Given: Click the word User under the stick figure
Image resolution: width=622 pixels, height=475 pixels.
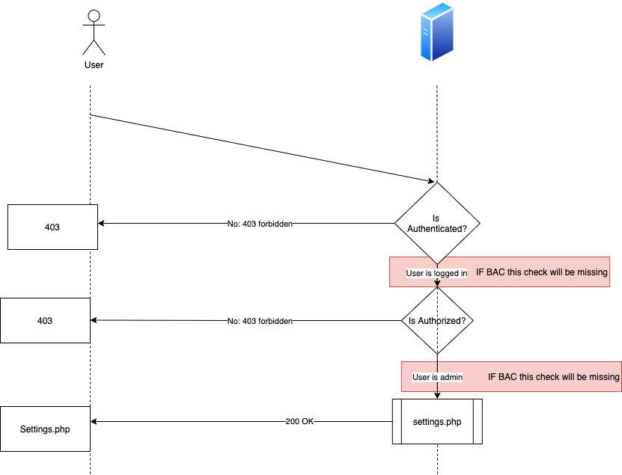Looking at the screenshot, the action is click(x=94, y=65).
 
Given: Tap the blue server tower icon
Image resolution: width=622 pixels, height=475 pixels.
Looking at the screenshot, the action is click(x=437, y=31).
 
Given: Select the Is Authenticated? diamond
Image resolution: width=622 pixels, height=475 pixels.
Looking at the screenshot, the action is click(x=437, y=223).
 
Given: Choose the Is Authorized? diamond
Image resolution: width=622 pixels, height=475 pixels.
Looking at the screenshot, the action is click(x=437, y=320).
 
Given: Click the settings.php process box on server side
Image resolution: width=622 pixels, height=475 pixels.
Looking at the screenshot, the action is click(x=437, y=421).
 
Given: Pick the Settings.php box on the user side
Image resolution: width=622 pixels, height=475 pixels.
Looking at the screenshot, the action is click(x=45, y=429).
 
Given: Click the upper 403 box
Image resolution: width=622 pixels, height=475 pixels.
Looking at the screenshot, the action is click(x=52, y=227).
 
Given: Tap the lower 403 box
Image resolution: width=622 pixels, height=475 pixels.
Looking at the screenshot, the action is click(x=45, y=320).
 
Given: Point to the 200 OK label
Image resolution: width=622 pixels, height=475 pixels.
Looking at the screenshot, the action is click(x=299, y=421).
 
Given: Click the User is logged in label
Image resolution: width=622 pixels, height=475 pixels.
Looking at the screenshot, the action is click(x=436, y=273).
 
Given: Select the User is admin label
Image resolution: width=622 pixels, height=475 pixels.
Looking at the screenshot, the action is click(x=437, y=377).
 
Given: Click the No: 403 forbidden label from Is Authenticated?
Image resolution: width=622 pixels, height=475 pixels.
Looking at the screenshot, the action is click(x=260, y=224).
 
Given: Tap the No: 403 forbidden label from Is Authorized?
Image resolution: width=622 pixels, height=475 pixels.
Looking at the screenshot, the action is click(x=260, y=321).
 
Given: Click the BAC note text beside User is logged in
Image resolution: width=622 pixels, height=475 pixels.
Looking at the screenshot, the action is click(x=541, y=272).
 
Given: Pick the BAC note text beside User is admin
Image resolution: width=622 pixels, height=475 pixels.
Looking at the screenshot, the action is click(x=553, y=377).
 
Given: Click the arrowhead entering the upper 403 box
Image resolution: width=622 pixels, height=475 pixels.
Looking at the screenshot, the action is click(x=101, y=223).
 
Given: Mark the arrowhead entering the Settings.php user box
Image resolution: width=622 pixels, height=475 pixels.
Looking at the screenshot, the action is click(x=94, y=421).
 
